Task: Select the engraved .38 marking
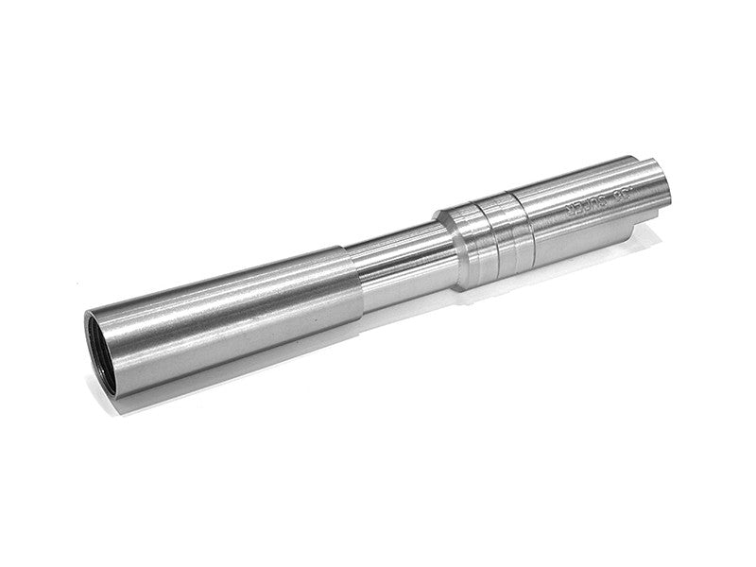point(625,193)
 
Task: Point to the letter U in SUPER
point(594,201)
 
